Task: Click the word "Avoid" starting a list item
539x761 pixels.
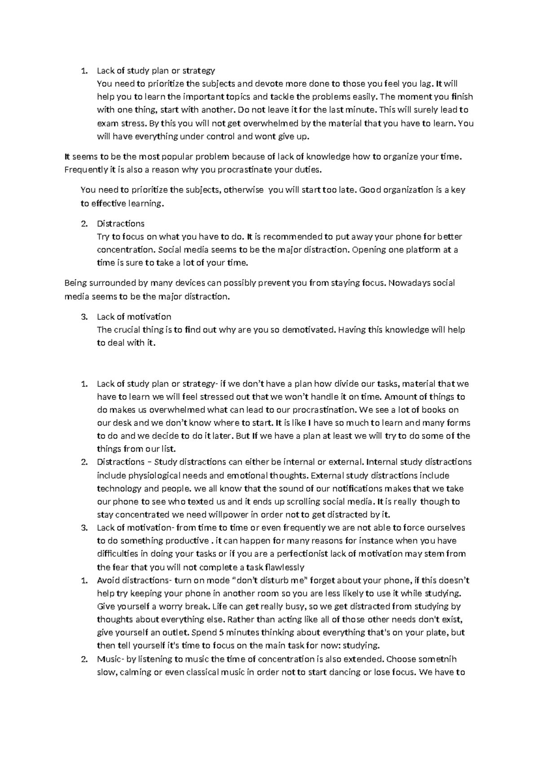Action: (x=108, y=580)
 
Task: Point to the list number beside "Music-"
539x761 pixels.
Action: (x=84, y=659)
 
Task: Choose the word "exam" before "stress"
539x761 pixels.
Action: (x=106, y=123)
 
